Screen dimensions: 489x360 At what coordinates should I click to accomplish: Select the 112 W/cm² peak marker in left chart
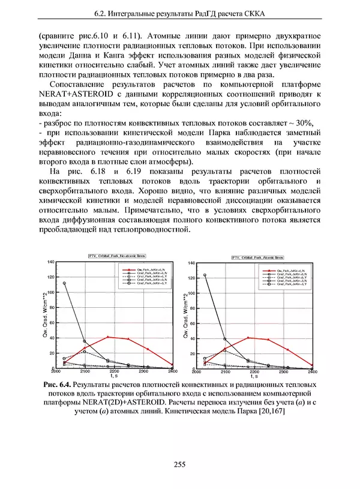coord(64,283)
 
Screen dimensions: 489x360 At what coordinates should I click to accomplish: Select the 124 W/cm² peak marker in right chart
coord(205,275)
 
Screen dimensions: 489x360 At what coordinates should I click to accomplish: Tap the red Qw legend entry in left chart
coord(142,271)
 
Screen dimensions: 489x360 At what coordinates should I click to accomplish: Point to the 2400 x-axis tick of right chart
coord(312,373)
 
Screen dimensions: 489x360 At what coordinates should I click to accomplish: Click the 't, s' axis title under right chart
coord(255,377)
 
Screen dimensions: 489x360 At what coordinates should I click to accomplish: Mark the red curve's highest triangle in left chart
coord(107,337)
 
